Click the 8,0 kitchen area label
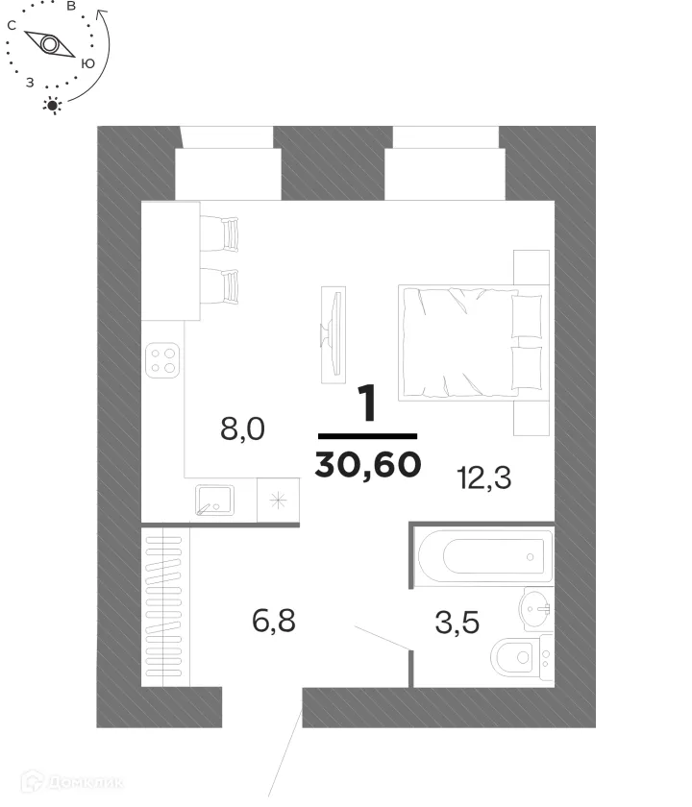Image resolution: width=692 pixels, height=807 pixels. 242,428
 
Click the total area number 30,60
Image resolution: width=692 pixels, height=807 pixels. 367,465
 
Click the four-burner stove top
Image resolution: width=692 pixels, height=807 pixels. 162,360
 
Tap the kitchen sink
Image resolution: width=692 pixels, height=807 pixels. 215,500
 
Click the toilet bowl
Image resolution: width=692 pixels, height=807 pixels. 516,658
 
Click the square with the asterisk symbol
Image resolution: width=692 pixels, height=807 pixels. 278,500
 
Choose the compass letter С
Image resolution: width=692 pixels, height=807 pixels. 12,26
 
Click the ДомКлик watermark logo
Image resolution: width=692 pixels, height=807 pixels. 72,782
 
